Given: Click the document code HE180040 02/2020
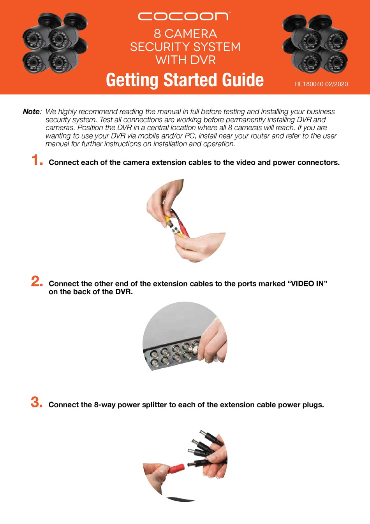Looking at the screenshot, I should pos(321,84).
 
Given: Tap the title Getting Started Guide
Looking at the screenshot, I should pos(185,80).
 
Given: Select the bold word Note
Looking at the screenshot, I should pos(31,112).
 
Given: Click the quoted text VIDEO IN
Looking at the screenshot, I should pos(307,284).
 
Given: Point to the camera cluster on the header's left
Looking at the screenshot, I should pos(55,43).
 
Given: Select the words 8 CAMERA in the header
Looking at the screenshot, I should pos(185,34).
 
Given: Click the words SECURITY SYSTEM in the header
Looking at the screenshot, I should pos(185,47).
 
